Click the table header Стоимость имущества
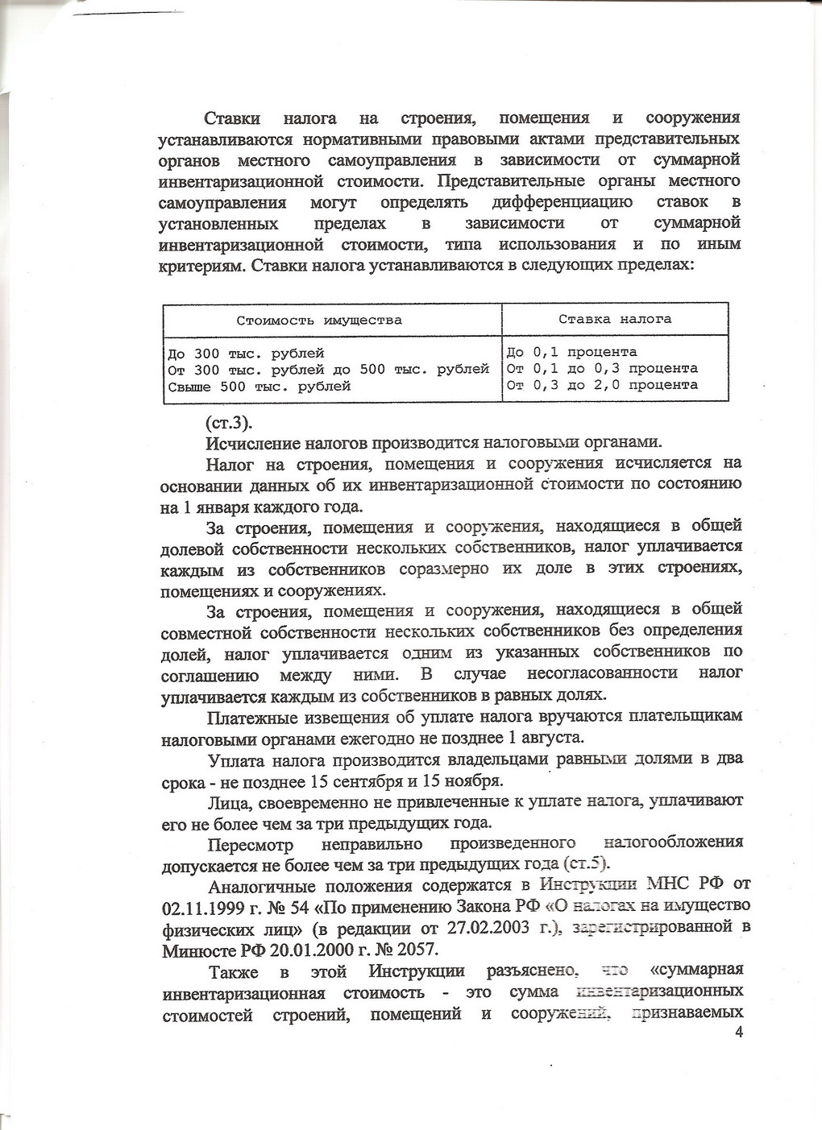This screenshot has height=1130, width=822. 319,320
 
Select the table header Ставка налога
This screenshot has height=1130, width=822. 615,319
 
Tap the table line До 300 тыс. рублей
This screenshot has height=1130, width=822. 246,354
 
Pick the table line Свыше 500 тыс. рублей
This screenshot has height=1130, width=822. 259,387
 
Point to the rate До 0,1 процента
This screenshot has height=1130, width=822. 572,352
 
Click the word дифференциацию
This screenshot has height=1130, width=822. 562,201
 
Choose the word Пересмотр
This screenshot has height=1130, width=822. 250,844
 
